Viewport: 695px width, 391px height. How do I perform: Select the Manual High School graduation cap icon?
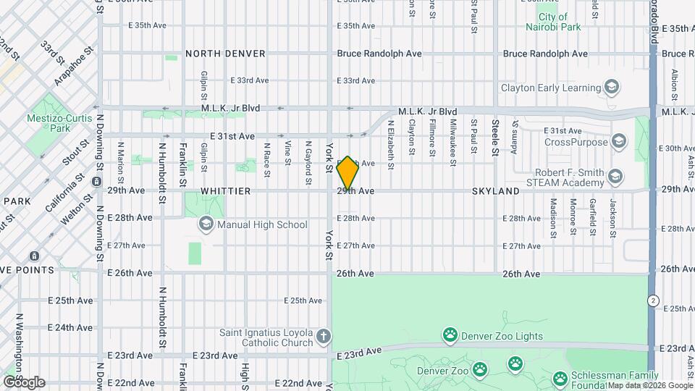(x=205, y=224)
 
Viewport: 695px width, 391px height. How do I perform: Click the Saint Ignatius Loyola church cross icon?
(x=324, y=337)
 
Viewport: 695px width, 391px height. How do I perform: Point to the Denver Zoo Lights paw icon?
(x=450, y=335)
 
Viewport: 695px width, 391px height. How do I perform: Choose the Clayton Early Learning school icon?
(x=612, y=88)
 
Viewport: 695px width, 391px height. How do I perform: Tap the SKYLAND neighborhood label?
(x=495, y=191)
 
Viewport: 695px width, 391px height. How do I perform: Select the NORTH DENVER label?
(x=225, y=54)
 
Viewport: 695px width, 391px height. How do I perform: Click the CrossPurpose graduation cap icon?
(x=618, y=141)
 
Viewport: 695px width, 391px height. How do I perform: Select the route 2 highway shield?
(x=654, y=300)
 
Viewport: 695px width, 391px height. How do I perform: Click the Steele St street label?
(x=496, y=137)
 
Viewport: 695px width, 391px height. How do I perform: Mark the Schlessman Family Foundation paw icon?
(x=560, y=378)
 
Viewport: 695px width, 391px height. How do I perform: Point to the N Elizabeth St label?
(x=390, y=145)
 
